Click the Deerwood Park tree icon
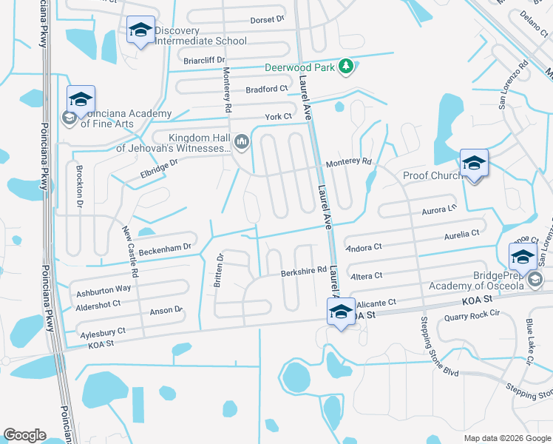pyautogui.click(x=345, y=67)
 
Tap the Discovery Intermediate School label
pyautogui.click(x=200, y=35)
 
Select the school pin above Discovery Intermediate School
pyautogui.click(x=140, y=31)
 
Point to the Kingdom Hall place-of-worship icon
pyautogui.click(x=242, y=141)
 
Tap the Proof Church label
pyautogui.click(x=432, y=175)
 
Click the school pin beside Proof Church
pyautogui.click(x=474, y=165)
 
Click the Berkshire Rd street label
pyautogui.click(x=304, y=272)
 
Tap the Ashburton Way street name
pyautogui.click(x=103, y=288)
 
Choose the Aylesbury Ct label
pyautogui.click(x=103, y=332)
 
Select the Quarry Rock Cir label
pyautogui.click(x=472, y=317)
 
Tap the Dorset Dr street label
pyautogui.click(x=267, y=20)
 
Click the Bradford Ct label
pyautogui.click(x=268, y=89)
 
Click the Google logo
pyautogui.click(x=24, y=434)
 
